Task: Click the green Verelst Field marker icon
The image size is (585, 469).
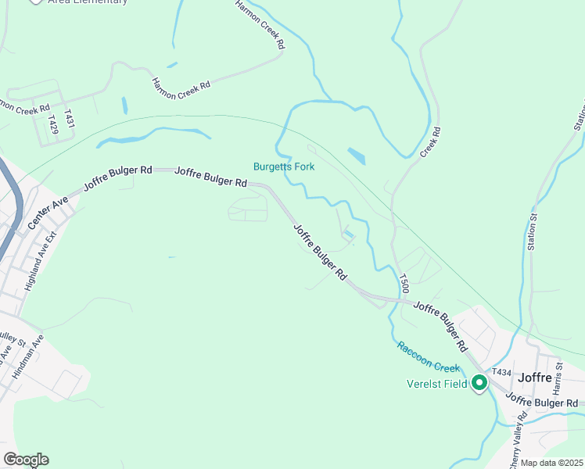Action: (479, 383)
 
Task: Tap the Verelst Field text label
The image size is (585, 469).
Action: (437, 384)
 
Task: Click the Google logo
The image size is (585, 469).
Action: (26, 460)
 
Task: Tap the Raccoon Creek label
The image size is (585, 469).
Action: (427, 356)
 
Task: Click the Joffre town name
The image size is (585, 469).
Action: (536, 378)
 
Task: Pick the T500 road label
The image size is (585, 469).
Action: (404, 283)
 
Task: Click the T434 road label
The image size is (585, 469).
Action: (501, 371)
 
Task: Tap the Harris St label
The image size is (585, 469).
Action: (558, 376)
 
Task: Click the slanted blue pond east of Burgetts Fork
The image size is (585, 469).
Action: (356, 156)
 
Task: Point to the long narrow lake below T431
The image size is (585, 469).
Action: (153, 138)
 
